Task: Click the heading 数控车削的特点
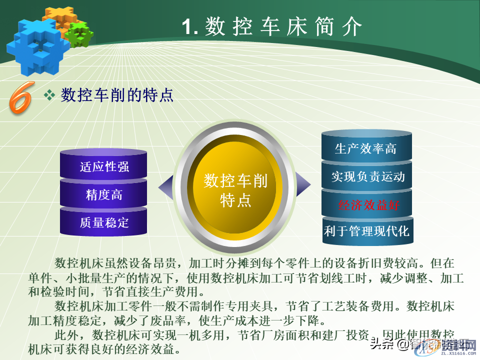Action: click(x=117, y=94)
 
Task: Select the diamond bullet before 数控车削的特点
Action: click(x=49, y=94)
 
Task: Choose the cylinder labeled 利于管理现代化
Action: click(x=366, y=231)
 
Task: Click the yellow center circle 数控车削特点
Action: click(x=235, y=190)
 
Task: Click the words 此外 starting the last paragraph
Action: click(x=64, y=334)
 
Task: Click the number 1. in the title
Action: click(x=190, y=26)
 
